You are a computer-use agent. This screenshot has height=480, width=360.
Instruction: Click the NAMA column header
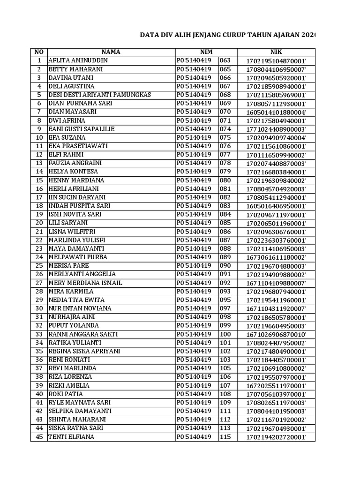tap(111, 52)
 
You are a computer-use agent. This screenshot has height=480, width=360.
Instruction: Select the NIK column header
tap(276, 52)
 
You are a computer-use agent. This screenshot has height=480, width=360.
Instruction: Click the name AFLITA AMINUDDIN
tap(78, 60)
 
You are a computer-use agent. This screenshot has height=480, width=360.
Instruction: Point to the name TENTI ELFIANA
tap(71, 437)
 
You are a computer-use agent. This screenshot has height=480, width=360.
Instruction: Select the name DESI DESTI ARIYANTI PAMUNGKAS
tap(100, 95)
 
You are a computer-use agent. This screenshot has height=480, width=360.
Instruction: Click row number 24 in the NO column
tap(39, 257)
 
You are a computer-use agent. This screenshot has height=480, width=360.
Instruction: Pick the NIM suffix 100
tap(225, 334)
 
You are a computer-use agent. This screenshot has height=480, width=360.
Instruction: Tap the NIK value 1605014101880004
tap(276, 112)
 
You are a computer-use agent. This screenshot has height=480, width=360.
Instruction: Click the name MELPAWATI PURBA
tap(78, 257)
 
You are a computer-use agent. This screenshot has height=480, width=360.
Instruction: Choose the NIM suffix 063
tap(225, 60)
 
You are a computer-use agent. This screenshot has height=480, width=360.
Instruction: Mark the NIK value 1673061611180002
tap(276, 257)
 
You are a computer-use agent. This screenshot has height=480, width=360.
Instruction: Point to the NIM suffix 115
tap(225, 437)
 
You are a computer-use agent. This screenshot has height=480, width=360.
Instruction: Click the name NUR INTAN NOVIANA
tap(80, 308)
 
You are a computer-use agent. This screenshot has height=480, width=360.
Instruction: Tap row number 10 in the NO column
tap(39, 138)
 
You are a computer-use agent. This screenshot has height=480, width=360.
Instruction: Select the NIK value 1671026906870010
tap(276, 334)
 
